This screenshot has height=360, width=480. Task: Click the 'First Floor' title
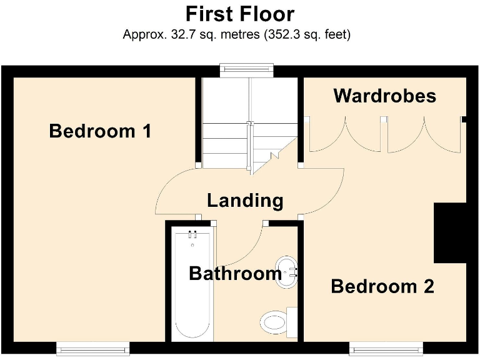pyautogui.click(x=240, y=14)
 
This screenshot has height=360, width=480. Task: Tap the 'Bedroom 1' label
pyautogui.click(x=101, y=131)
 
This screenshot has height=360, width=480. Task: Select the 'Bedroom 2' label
pyautogui.click(x=382, y=287)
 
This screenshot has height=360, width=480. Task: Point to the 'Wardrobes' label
pyautogui.click(x=384, y=96)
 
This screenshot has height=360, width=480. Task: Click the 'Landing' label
pyautogui.click(x=245, y=201)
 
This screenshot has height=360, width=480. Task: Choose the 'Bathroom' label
pyautogui.click(x=235, y=274)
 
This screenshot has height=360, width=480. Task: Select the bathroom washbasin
pyautogui.click(x=286, y=271)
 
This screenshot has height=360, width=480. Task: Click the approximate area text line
pyautogui.click(x=237, y=34)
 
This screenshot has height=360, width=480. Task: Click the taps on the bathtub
pyautogui.click(x=192, y=235)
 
